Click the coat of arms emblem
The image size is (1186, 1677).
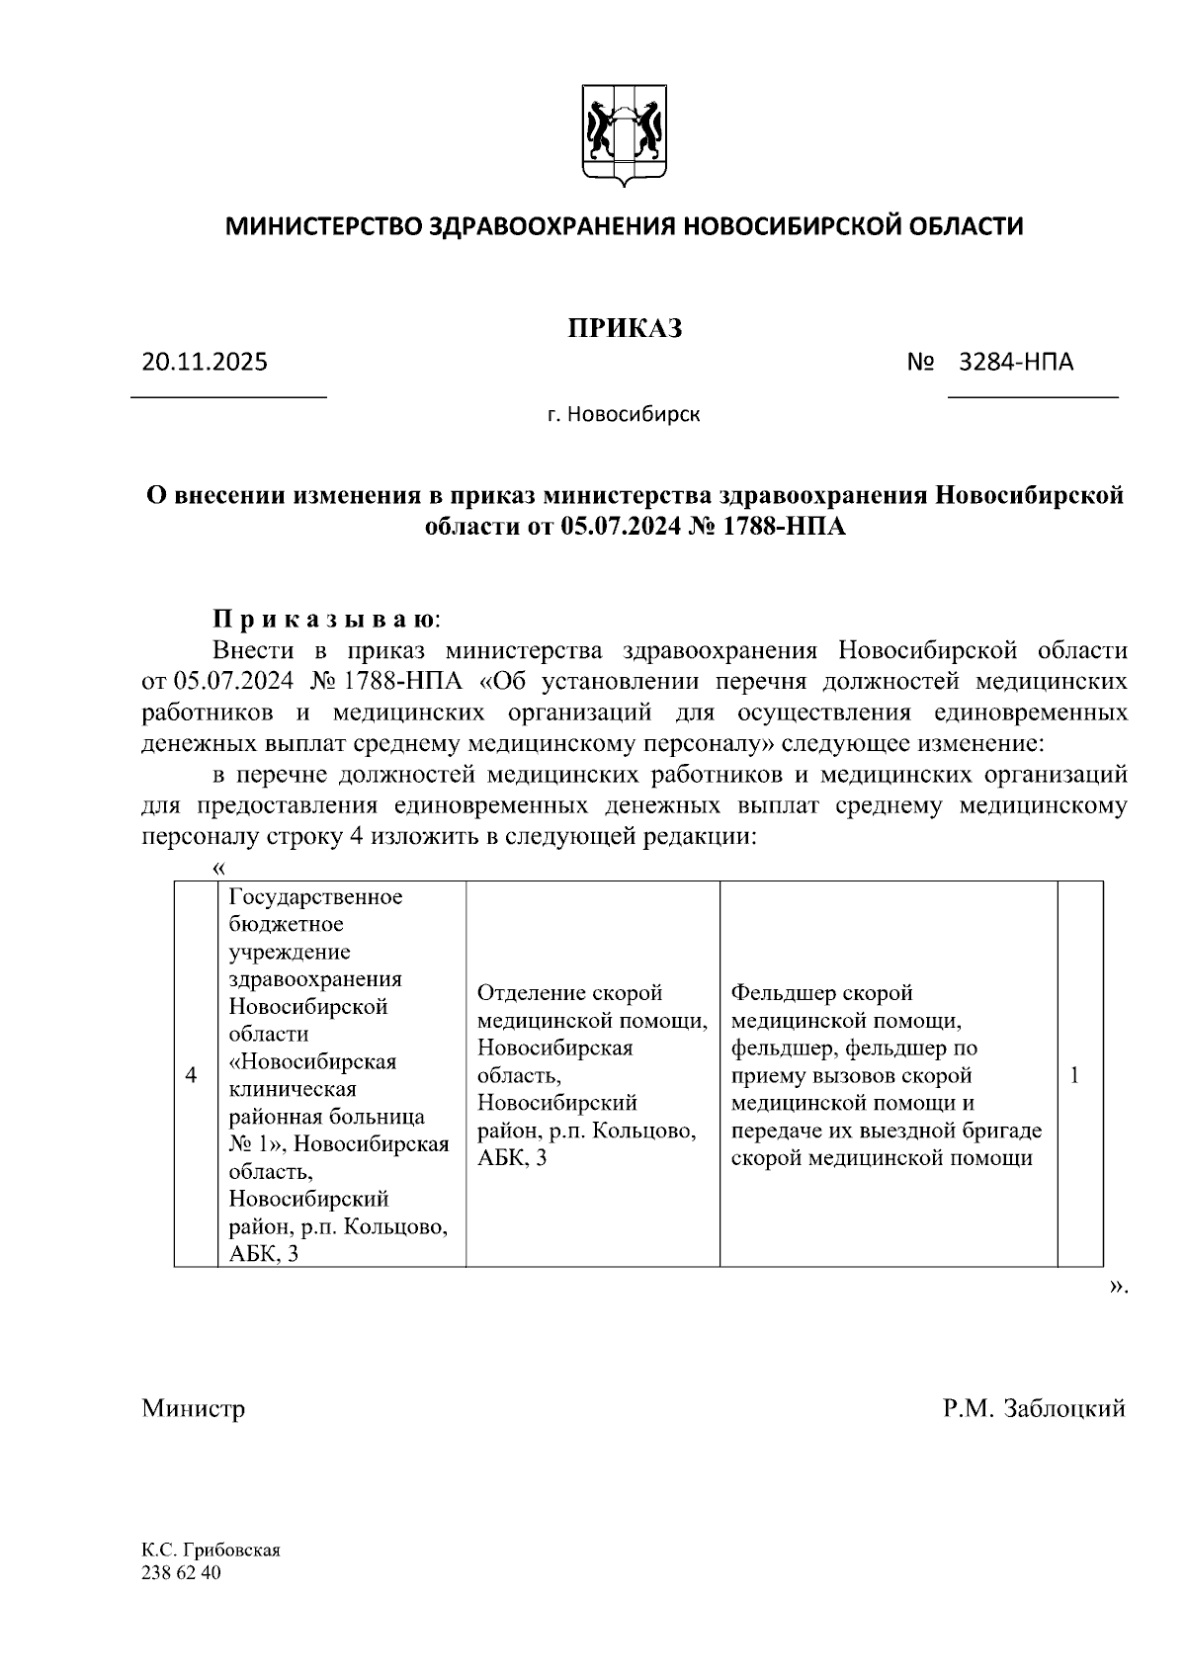(625, 136)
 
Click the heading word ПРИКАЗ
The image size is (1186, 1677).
(625, 329)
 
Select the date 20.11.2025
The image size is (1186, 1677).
(205, 362)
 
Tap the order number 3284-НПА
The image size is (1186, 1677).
(1017, 362)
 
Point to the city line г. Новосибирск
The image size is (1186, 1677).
(624, 414)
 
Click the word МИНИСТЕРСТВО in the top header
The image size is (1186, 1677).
(323, 226)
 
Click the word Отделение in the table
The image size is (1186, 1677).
(531, 992)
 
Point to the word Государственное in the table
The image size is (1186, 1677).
(315, 896)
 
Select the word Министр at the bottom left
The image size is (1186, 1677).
(193, 1408)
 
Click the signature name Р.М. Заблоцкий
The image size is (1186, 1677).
(1033, 1408)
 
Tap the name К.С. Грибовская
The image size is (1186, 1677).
(212, 1551)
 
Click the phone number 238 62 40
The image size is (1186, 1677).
(182, 1572)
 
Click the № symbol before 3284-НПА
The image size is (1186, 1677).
(921, 362)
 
